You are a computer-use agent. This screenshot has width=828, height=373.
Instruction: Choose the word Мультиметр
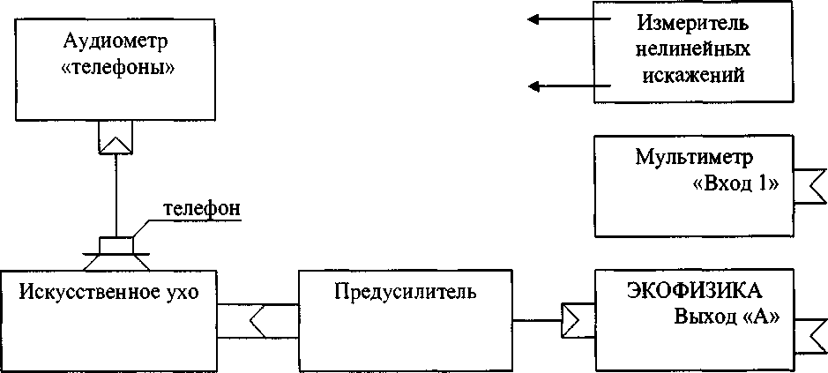pos(693,159)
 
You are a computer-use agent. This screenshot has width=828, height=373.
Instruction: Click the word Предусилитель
pos(406,291)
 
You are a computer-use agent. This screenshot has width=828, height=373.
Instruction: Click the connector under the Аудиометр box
pos(116,137)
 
